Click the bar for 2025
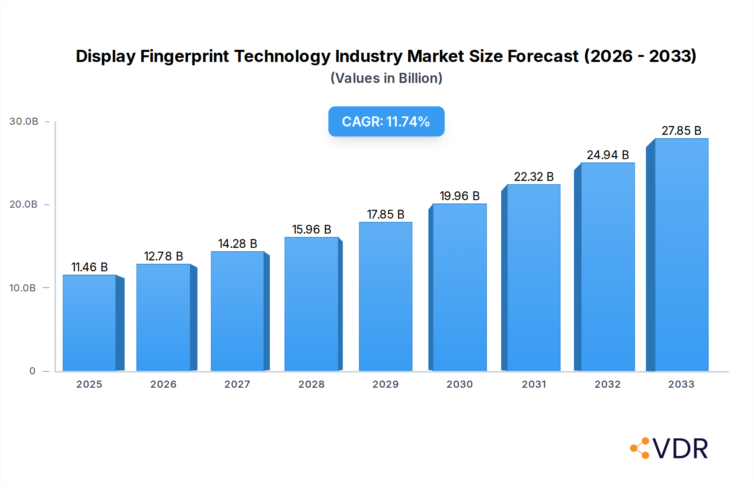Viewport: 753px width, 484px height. (x=90, y=323)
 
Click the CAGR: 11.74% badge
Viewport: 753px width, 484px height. (x=386, y=121)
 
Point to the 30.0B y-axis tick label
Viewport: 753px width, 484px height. (x=24, y=121)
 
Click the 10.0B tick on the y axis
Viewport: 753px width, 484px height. (x=23, y=288)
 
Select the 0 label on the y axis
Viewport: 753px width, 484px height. (x=32, y=371)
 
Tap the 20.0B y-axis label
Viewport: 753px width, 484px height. (x=23, y=204)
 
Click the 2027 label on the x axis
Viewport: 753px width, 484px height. (x=237, y=384)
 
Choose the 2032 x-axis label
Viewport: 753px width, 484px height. (x=607, y=384)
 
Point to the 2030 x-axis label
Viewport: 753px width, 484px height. (x=459, y=384)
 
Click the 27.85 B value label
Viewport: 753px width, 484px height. (x=681, y=131)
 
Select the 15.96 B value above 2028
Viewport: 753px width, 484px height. (x=311, y=229)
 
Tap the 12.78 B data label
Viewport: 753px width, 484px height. (x=163, y=256)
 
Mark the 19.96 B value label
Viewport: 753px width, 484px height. (x=459, y=196)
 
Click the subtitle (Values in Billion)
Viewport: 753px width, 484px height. (x=386, y=78)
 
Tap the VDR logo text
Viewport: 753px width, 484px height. (x=680, y=449)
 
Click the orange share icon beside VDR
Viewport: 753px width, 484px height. (x=640, y=448)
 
